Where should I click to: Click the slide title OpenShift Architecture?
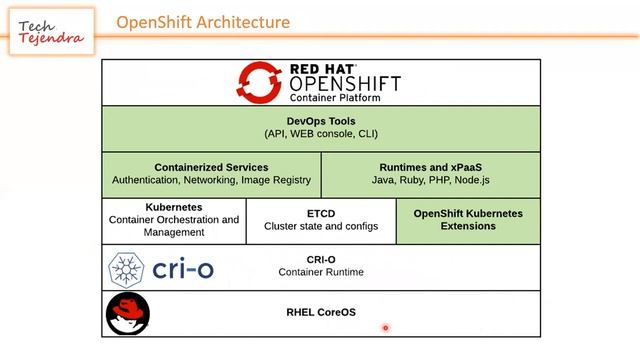(x=203, y=22)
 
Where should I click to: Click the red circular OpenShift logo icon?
(x=258, y=82)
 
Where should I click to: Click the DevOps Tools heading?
(x=321, y=120)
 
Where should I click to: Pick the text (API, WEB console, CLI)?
(x=321, y=134)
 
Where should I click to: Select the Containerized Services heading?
(x=211, y=167)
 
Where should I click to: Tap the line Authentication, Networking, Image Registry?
(x=211, y=181)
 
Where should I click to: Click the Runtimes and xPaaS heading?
(x=431, y=167)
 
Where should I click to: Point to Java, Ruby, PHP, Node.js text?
(x=431, y=181)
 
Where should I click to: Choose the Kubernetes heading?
(x=174, y=207)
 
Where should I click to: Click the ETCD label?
(x=321, y=213)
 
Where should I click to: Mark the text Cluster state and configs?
(x=321, y=227)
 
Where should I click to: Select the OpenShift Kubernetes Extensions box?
(x=468, y=220)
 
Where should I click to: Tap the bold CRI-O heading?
(x=321, y=259)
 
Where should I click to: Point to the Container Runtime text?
(x=321, y=272)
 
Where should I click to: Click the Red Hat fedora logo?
(x=127, y=313)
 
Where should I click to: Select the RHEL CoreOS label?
(x=321, y=313)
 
